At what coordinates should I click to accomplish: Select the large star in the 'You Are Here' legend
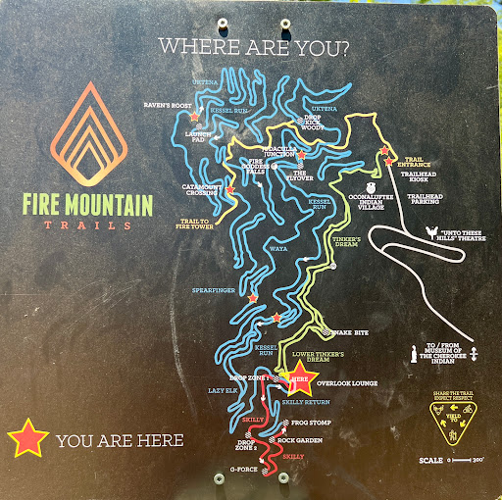[27, 439]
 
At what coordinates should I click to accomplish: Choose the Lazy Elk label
[224, 390]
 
